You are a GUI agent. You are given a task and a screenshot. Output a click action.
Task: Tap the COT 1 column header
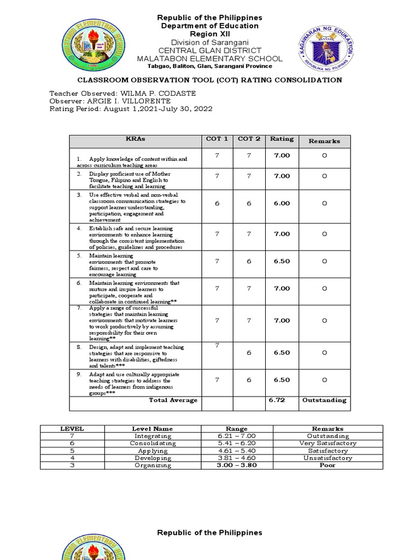tap(217, 139)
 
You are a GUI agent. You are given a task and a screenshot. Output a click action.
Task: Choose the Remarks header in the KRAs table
tap(324, 141)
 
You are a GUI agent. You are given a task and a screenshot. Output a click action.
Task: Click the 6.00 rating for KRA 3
tap(282, 203)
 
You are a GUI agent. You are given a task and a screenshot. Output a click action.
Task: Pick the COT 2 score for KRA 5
tap(249, 261)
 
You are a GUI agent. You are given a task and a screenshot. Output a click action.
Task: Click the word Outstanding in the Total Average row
tap(324, 400)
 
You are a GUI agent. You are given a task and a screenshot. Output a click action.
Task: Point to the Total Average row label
tap(173, 400)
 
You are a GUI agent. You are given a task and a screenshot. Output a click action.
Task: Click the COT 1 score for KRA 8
tap(217, 346)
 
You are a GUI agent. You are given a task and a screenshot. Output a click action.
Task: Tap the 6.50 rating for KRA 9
tap(282, 380)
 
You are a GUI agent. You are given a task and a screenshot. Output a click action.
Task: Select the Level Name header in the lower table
tap(153, 429)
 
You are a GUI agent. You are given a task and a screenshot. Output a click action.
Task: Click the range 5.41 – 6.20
tap(237, 444)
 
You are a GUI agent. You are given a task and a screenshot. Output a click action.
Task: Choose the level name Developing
tap(153, 458)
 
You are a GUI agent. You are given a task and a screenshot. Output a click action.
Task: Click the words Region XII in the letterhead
tap(210, 34)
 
